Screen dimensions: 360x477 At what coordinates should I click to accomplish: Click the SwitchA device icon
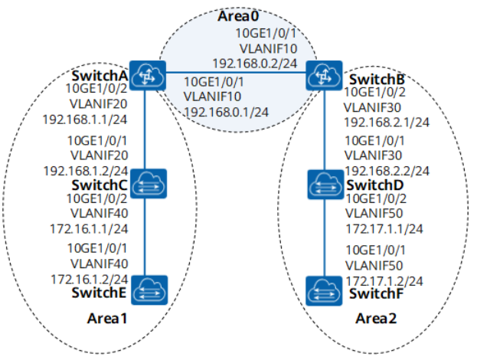pyautogui.click(x=144, y=74)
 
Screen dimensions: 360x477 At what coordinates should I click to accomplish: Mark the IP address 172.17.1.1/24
pyautogui.click(x=386, y=228)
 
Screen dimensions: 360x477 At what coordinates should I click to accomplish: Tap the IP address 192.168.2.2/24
pyautogui.click(x=387, y=171)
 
